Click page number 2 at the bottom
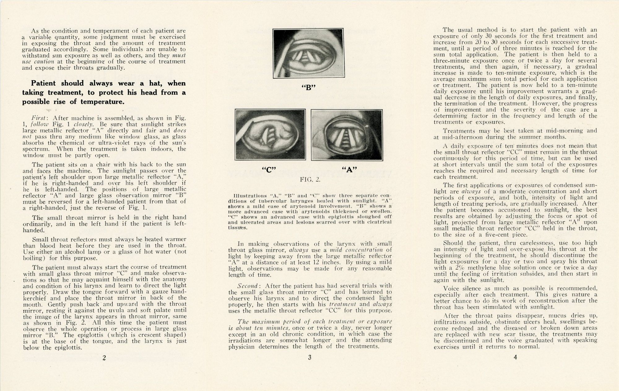(x=104, y=358)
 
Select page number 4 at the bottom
(x=515, y=357)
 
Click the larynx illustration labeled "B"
(x=308, y=53)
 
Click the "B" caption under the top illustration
(x=308, y=87)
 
